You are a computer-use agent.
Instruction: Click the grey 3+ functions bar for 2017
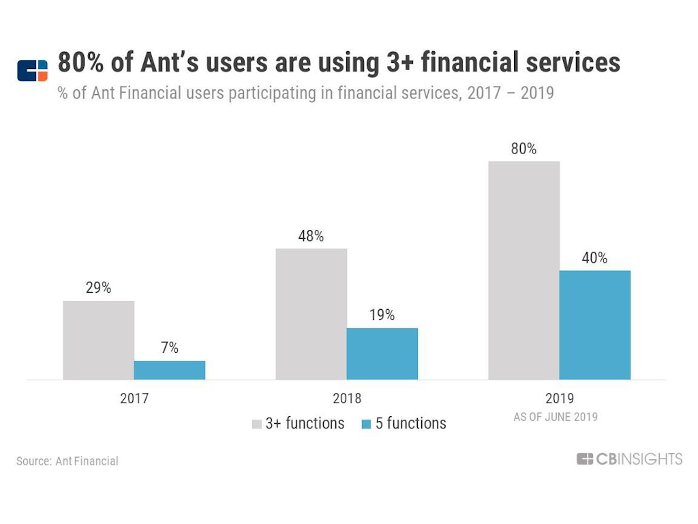point(99,340)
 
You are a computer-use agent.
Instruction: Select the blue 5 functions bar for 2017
point(170,370)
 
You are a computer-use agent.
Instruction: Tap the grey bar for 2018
point(312,314)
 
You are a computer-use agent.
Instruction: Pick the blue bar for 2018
point(382,353)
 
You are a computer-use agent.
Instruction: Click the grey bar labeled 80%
point(524,270)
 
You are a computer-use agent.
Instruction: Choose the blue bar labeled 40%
point(595,325)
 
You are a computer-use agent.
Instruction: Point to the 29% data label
point(99,288)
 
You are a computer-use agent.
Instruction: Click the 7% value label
point(170,348)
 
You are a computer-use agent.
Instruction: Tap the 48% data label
point(312,236)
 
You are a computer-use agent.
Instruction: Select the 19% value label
point(382,315)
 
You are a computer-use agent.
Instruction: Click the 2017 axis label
point(134,398)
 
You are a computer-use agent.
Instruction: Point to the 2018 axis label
point(347,398)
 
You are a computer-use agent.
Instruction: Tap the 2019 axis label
point(560,398)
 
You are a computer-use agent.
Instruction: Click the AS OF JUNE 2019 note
point(556,417)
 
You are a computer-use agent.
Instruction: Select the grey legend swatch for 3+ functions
point(257,424)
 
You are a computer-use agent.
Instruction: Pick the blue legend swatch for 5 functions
point(366,424)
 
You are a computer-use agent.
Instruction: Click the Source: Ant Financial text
point(67,461)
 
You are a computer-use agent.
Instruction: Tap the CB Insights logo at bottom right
point(629,459)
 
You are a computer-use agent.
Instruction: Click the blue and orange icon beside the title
point(33,70)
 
